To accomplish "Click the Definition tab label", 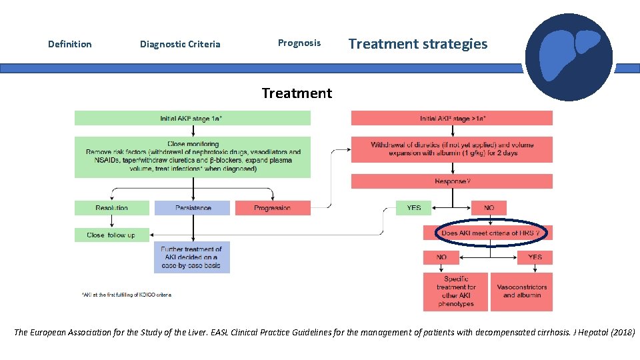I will coord(70,45).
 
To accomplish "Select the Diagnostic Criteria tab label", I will coord(180,45).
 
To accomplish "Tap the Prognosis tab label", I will coord(299,43).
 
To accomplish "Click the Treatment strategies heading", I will coord(418,44).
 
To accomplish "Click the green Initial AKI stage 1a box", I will coord(192,119).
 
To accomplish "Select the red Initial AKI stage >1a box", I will coord(452,119).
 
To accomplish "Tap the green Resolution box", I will coord(111,208).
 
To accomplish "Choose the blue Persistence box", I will coord(193,208).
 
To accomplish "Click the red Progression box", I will coord(273,208).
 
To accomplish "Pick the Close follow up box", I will coord(111,235).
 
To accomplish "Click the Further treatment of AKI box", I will coord(193,257).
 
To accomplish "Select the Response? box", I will coord(452,181).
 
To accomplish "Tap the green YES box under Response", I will coord(414,208).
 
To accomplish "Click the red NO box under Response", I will coord(489,208).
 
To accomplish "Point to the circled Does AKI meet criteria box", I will coord(490,233).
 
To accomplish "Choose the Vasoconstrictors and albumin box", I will coord(522,291).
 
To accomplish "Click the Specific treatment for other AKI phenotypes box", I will coord(456,291).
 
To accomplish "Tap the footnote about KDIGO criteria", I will coord(126,295).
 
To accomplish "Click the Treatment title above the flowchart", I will coord(297,93).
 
